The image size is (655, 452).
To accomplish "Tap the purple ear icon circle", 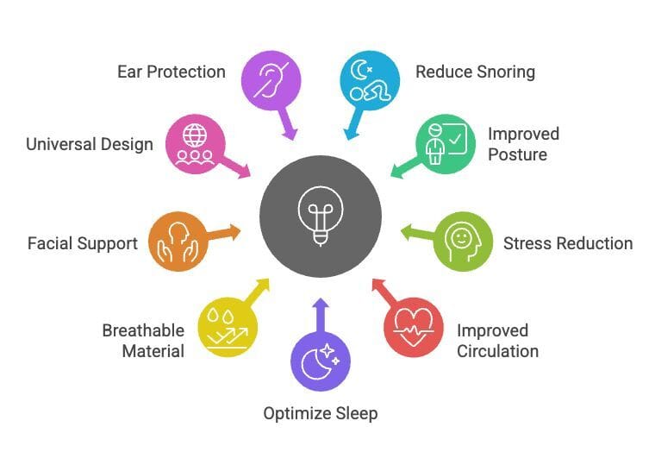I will [271, 80].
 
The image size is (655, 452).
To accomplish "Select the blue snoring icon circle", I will [370, 80].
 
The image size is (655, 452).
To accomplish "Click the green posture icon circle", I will [446, 143].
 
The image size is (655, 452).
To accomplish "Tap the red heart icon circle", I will [413, 327].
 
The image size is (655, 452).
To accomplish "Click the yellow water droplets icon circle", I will [228, 327].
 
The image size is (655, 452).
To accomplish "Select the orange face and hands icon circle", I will [178, 242].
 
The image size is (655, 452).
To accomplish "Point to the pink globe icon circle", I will [195, 143].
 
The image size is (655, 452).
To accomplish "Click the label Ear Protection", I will [172, 71].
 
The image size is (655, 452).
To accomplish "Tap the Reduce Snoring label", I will [475, 71].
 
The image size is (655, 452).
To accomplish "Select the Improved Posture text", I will [523, 144].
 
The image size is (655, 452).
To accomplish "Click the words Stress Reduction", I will [568, 243].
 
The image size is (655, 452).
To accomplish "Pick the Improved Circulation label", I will [497, 341].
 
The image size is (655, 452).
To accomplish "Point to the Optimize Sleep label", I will [321, 413].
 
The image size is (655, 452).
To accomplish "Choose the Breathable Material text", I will [143, 341].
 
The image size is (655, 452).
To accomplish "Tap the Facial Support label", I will [83, 243].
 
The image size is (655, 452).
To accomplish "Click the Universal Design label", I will [89, 144].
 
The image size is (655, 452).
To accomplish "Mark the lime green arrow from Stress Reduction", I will [418, 233].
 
